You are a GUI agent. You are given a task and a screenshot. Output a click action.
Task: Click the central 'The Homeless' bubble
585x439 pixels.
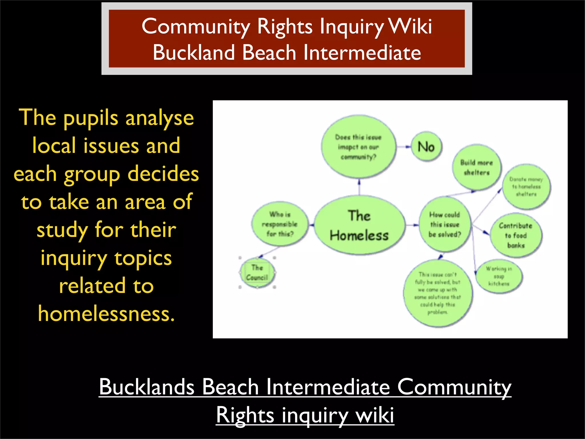pos(359,225)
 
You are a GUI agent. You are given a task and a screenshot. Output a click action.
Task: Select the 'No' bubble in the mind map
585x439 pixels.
pos(426,147)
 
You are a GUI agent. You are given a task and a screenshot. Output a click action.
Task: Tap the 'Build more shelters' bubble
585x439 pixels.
pos(476,167)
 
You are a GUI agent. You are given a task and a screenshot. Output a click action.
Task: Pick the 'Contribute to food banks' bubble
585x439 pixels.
pos(516,235)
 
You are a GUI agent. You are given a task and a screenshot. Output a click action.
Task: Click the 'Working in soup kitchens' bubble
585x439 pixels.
pos(499,276)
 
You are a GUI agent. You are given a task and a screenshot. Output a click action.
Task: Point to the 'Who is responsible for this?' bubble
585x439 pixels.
pos(280,224)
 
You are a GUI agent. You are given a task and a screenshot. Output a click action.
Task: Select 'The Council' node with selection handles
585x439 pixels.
pos(257,273)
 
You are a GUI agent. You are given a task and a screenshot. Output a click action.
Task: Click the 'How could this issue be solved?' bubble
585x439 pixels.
pos(444,224)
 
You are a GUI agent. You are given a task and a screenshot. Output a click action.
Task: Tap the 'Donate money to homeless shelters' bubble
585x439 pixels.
pos(526,187)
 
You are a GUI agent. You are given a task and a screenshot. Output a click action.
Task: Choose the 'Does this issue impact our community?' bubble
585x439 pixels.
pos(358,147)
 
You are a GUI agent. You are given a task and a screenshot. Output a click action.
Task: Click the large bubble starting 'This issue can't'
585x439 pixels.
pos(437,293)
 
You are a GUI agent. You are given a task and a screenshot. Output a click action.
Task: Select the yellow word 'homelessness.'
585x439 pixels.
pos(106,314)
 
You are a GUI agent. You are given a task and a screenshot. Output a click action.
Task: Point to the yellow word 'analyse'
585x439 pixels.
pos(160,118)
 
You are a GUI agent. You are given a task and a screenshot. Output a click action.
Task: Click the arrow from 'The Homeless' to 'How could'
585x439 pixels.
pos(412,225)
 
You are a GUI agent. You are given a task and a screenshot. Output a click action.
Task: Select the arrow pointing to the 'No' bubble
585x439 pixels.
pos(404,147)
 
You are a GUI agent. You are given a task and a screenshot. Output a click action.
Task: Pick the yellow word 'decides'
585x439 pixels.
pos(163,174)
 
